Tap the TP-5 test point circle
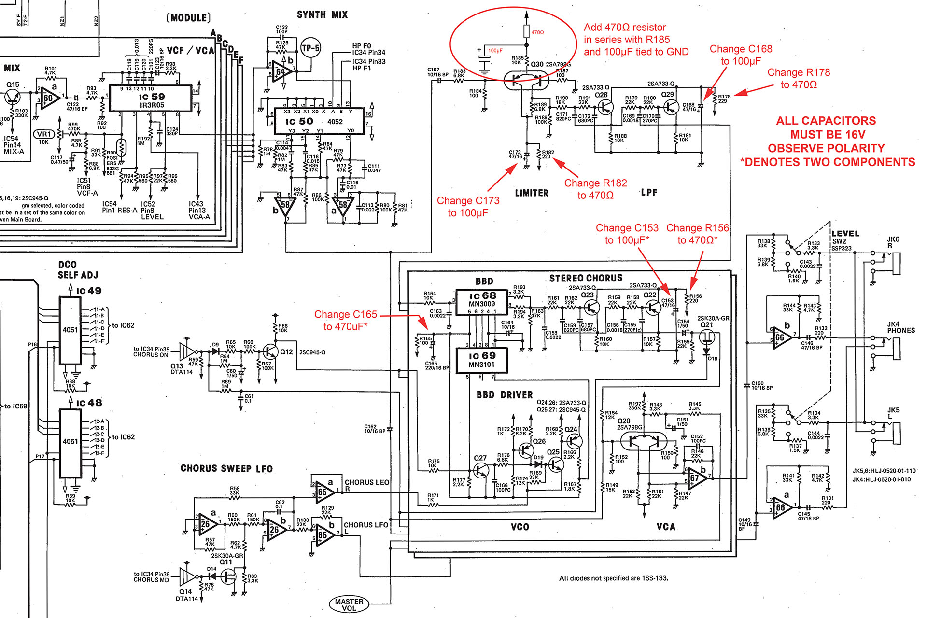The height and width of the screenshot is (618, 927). click(x=310, y=48)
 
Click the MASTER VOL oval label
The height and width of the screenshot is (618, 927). click(x=349, y=604)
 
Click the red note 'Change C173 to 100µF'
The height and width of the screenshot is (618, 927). click(x=467, y=207)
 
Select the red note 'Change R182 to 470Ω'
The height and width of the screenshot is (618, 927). click(x=595, y=189)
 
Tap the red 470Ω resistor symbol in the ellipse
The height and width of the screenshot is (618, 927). click(x=527, y=31)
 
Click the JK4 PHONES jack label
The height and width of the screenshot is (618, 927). click(x=900, y=327)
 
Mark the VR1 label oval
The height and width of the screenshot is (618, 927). click(x=44, y=134)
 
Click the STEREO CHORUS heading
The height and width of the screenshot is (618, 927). click(x=586, y=278)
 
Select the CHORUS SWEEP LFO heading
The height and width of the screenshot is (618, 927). click(x=226, y=469)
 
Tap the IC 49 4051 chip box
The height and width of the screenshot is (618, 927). click(x=70, y=331)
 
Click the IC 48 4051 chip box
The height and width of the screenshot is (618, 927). click(x=70, y=442)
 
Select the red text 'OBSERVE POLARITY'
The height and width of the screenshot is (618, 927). click(x=826, y=148)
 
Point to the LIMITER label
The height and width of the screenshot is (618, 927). click(x=531, y=193)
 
